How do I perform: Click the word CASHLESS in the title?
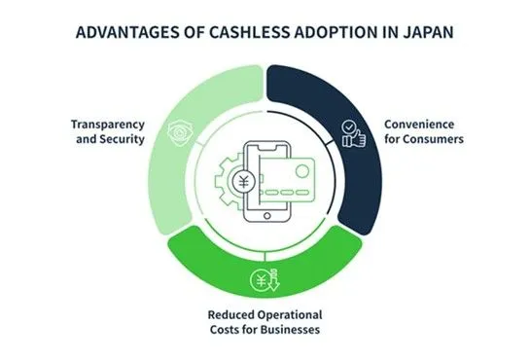click(249, 32)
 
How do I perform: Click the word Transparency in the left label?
click(108, 125)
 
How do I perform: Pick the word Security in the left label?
click(124, 139)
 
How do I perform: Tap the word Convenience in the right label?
click(419, 125)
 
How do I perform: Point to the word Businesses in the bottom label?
click(290, 329)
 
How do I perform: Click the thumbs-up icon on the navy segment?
click(353, 134)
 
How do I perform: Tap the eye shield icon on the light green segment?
click(180, 133)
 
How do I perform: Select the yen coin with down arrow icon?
click(265, 280)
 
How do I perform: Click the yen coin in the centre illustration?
click(243, 182)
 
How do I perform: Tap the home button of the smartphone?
click(267, 216)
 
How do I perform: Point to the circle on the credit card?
click(302, 170)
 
